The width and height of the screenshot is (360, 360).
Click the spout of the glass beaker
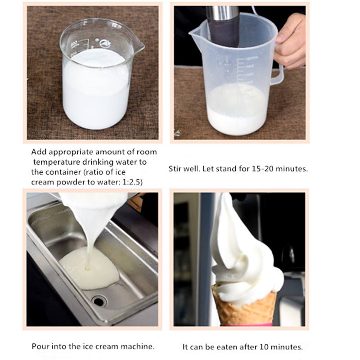139,45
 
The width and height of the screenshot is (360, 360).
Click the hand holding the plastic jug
290,41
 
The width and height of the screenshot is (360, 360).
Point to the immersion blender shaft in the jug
223,25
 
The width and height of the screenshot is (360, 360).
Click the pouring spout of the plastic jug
195,35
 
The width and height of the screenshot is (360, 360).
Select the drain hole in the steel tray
99,301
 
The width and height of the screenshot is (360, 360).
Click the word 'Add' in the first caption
39,152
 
